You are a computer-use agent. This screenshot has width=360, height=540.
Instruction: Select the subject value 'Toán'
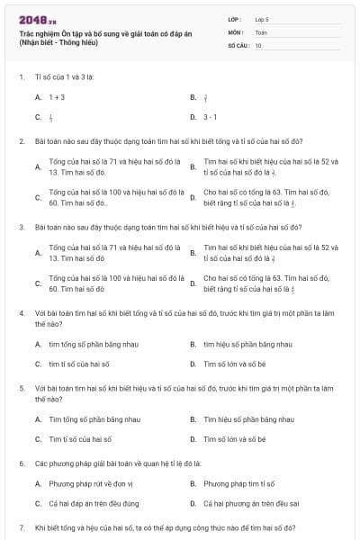pos(261,31)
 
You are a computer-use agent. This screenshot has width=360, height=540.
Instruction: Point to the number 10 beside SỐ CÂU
pos(258,44)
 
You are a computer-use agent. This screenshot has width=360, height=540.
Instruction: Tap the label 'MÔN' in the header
pos(236,31)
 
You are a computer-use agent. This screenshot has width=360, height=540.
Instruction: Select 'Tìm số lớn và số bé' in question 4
pos(235,364)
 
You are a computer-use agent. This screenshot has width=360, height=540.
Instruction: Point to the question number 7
pos(21,526)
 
